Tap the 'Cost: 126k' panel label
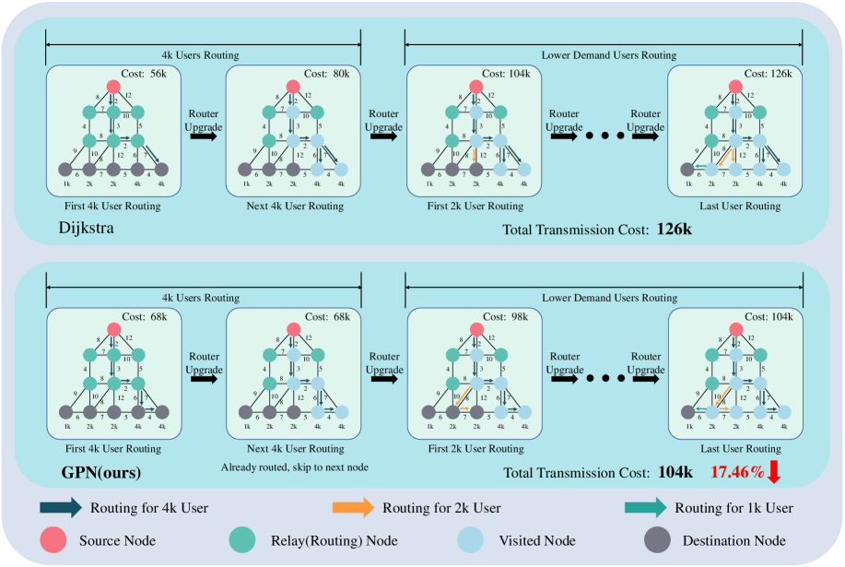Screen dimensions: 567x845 click(x=769, y=73)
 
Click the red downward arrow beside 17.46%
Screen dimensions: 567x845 click(x=774, y=473)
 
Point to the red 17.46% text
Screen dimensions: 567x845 click(x=736, y=473)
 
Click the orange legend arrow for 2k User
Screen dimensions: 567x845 click(x=353, y=507)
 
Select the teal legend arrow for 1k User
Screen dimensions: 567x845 click(x=645, y=507)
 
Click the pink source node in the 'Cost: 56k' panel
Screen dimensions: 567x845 click(x=113, y=87)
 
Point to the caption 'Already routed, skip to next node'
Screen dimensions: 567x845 click(x=293, y=467)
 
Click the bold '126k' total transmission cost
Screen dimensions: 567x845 click(x=675, y=227)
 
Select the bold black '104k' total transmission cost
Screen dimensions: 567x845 click(x=675, y=473)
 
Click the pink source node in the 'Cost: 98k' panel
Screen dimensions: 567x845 click(x=475, y=329)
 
